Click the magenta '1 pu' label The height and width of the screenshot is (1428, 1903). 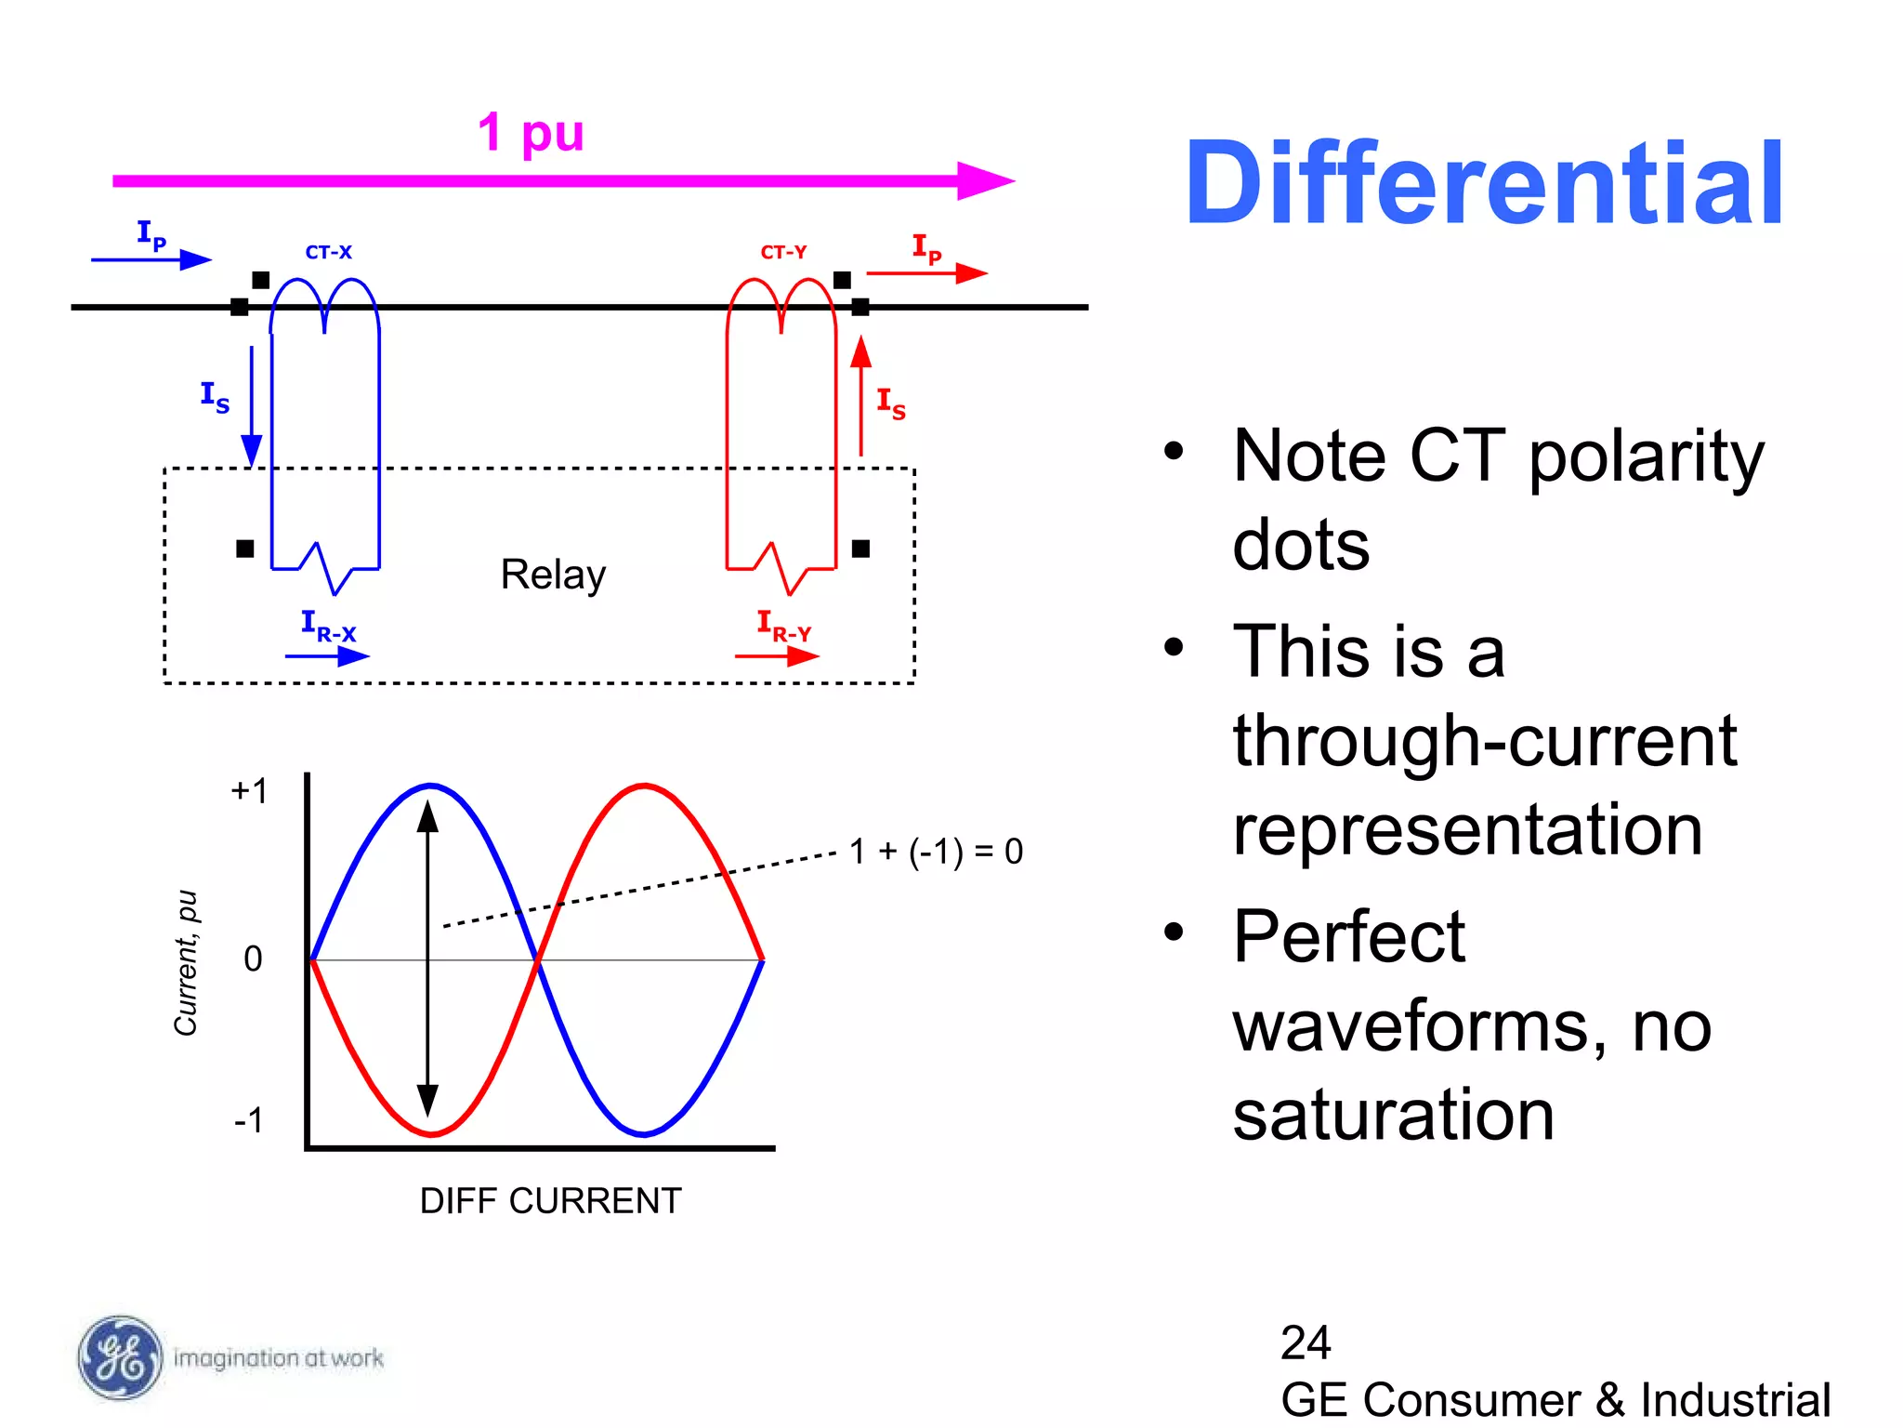click(x=531, y=133)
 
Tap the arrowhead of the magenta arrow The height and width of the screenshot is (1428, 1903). click(x=987, y=180)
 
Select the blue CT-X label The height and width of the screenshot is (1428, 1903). click(x=328, y=252)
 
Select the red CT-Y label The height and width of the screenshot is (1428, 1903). click(x=783, y=252)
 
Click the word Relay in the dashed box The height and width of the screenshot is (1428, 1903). click(x=553, y=575)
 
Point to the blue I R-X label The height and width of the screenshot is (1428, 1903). click(x=328, y=626)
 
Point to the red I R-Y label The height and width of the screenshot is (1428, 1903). click(x=783, y=626)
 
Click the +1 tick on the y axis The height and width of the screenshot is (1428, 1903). click(x=249, y=791)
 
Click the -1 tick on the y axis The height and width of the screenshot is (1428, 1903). click(x=249, y=1120)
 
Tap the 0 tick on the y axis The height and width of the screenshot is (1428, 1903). click(x=253, y=959)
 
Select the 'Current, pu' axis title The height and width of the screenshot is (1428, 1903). click(x=186, y=962)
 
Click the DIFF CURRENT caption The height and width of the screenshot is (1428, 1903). click(x=550, y=1201)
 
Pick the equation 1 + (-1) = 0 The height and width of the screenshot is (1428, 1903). click(x=936, y=852)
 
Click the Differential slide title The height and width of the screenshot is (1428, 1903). click(x=1484, y=183)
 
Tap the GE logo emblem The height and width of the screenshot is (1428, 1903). click(x=119, y=1357)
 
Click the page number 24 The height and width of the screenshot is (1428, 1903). click(x=1306, y=1342)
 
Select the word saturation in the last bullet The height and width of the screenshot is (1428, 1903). click(x=1393, y=1115)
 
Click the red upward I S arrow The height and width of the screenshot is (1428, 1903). click(x=861, y=395)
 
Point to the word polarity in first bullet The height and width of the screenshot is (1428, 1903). click(x=1646, y=456)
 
